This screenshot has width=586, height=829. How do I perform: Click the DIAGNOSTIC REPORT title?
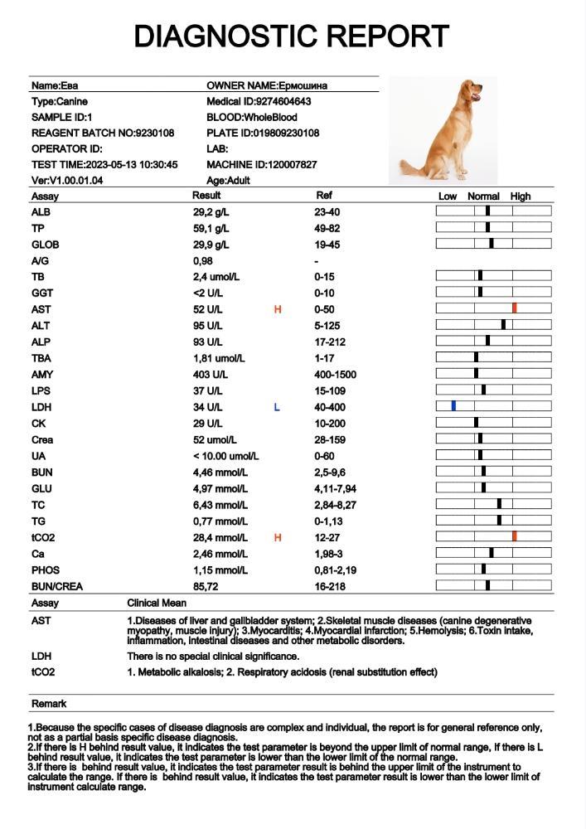(x=292, y=36)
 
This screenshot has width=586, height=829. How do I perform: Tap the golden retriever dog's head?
(x=472, y=90)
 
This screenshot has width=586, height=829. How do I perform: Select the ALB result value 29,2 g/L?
(x=211, y=212)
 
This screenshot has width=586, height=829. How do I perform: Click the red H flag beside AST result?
(x=278, y=309)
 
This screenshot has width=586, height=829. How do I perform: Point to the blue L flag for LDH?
(x=277, y=407)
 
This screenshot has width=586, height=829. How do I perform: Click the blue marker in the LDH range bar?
(x=453, y=406)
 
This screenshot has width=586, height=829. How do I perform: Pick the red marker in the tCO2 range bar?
(x=515, y=536)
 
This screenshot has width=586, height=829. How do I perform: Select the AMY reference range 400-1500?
(x=335, y=375)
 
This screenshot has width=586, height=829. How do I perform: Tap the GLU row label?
(x=41, y=488)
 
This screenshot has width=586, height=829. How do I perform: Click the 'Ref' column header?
(x=324, y=196)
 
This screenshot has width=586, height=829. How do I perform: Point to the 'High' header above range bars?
(x=521, y=196)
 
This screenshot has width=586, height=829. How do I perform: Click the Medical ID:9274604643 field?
(x=259, y=101)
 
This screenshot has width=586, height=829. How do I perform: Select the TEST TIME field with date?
(x=104, y=165)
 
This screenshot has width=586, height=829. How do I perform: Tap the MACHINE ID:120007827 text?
(x=261, y=165)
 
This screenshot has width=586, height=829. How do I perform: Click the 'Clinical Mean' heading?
(x=155, y=604)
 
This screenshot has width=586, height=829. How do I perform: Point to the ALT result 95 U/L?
(x=207, y=326)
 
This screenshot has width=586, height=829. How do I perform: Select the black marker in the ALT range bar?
(x=503, y=325)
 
